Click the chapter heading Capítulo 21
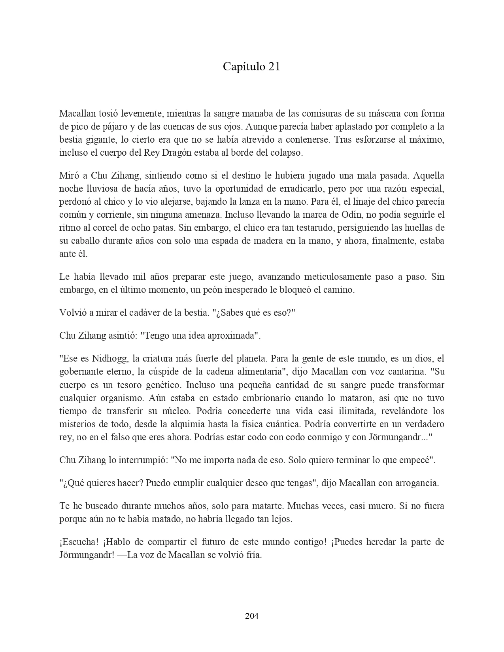click(251, 67)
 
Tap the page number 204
click(252, 616)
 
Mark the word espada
click(225, 241)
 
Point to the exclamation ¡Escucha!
click(77, 542)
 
